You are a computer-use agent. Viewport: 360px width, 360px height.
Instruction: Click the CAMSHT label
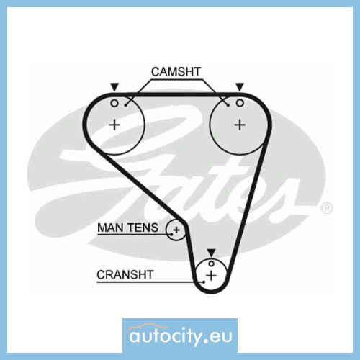(176, 72)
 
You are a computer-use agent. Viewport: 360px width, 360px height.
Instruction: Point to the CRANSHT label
(125, 274)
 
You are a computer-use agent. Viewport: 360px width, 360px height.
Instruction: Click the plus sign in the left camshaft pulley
(114, 125)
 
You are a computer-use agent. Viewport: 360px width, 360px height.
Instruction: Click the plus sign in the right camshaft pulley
(240, 125)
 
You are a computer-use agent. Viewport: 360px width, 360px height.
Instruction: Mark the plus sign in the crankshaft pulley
(212, 275)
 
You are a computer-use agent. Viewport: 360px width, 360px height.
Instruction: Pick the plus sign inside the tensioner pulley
(176, 230)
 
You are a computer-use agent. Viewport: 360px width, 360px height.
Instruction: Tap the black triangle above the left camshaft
(114, 87)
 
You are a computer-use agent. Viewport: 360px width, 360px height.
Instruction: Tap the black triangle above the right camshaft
(240, 87)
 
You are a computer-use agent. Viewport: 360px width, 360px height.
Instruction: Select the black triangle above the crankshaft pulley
(212, 253)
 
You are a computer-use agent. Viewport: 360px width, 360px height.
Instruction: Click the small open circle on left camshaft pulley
(114, 104)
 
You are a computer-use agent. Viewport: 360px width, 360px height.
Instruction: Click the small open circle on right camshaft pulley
(240, 103)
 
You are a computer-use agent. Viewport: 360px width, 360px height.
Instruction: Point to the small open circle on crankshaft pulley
(211, 264)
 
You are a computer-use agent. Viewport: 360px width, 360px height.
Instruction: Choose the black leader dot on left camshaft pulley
(125, 105)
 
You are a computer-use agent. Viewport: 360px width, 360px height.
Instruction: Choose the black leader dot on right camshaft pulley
(228, 105)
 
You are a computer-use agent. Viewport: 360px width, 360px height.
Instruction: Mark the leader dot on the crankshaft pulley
(204, 282)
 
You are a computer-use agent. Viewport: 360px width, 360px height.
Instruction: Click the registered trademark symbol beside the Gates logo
(327, 208)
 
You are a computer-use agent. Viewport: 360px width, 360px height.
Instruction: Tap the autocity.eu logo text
(181, 336)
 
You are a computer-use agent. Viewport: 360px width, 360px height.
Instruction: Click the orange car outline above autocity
(146, 327)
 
